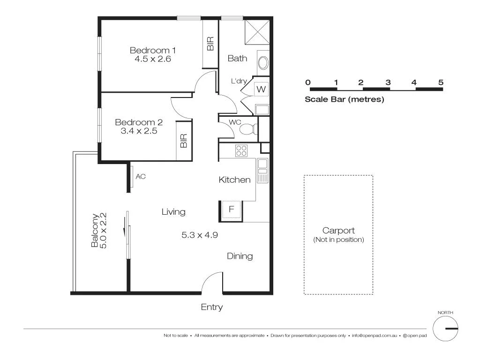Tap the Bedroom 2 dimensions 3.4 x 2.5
click(139, 131)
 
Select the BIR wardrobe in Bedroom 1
click(210, 44)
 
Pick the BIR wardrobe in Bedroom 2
click(183, 141)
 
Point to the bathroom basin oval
click(263, 63)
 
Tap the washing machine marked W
click(261, 89)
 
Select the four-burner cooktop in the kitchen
click(241, 150)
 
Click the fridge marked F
click(231, 210)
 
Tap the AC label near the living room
click(140, 177)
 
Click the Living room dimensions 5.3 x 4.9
click(200, 235)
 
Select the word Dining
click(240, 256)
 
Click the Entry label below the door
click(211, 307)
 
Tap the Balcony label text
click(96, 230)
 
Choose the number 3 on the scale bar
click(388, 82)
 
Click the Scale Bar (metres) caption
click(344, 99)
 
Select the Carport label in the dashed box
click(338, 231)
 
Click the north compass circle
click(445, 329)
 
